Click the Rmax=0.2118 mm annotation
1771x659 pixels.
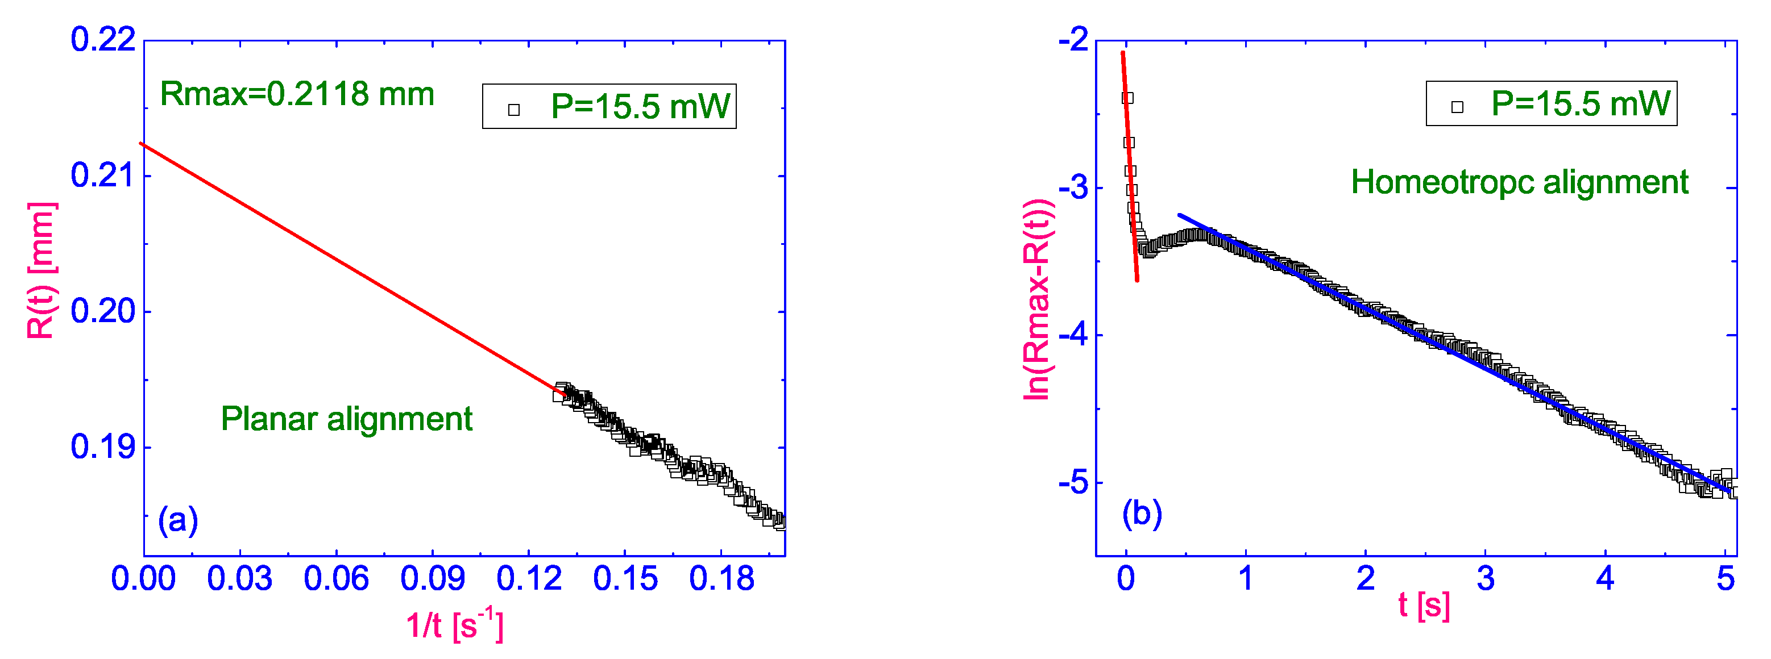[x=297, y=95]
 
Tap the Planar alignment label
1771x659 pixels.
[x=346, y=419]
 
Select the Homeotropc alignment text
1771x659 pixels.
[x=1519, y=183]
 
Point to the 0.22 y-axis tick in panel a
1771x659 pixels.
[x=103, y=40]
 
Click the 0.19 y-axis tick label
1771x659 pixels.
[x=103, y=447]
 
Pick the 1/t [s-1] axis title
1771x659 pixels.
[x=454, y=625]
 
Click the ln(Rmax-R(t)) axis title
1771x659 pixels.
[x=1038, y=299]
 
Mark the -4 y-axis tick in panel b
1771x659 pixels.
[x=1073, y=335]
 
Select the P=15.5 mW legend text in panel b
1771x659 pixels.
[x=1581, y=104]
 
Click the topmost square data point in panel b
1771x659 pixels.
[x=1127, y=98]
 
